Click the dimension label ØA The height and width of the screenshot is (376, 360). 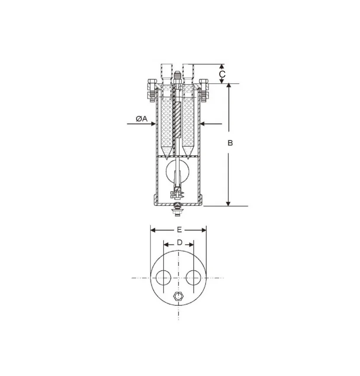pyautogui.click(x=141, y=118)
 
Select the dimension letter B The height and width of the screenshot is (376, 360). pyautogui.click(x=230, y=143)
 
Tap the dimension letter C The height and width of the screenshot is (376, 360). pyautogui.click(x=222, y=74)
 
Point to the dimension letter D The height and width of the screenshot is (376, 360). pyautogui.click(x=179, y=243)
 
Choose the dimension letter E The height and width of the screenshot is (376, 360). pyautogui.click(x=179, y=230)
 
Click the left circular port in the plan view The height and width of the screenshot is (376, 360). pyautogui.click(x=164, y=277)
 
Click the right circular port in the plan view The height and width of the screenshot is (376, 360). pyautogui.click(x=193, y=277)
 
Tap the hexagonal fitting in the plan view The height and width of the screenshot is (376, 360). pyautogui.click(x=178, y=297)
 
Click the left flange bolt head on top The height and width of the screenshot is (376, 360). pyautogui.click(x=152, y=82)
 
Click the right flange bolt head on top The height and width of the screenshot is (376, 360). pyautogui.click(x=204, y=82)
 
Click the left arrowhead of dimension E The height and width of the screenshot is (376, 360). pyautogui.click(x=152, y=230)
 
